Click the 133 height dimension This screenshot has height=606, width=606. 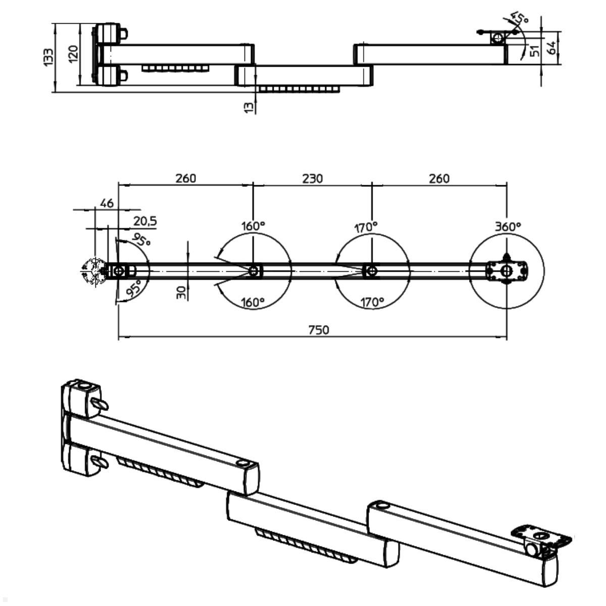tap(48, 57)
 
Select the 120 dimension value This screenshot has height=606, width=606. tap(73, 53)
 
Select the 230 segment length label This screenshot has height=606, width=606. tap(312, 178)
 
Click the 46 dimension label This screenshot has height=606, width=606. tap(107, 204)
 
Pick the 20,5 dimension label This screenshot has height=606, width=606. tap(145, 221)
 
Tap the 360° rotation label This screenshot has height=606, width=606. tap(508, 227)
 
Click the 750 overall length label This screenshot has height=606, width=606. tap(319, 330)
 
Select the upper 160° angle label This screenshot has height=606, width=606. tap(252, 226)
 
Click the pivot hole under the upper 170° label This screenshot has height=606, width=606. tap(371, 271)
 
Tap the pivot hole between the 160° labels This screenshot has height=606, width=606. tap(254, 271)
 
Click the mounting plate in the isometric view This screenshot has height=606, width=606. tap(541, 537)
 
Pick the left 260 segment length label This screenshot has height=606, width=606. tap(185, 178)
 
